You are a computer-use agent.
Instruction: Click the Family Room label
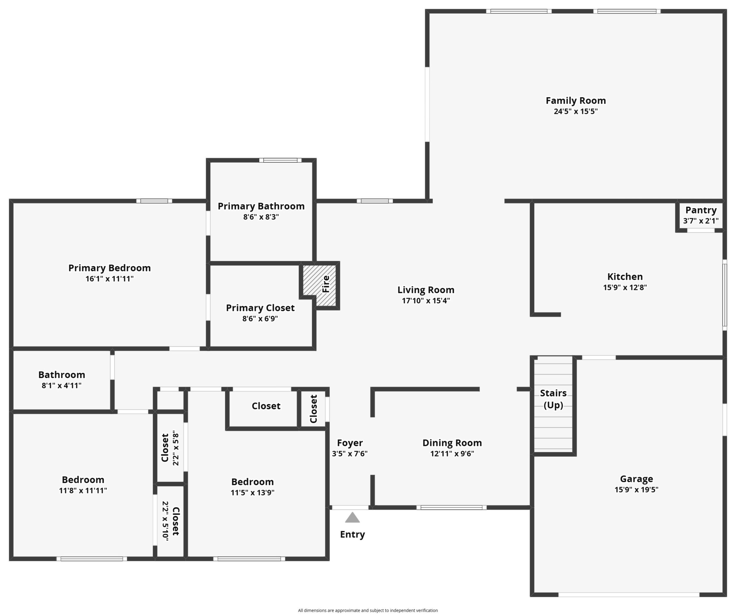576,101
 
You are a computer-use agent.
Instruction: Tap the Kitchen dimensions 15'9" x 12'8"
625,287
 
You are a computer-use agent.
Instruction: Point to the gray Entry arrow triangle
352,518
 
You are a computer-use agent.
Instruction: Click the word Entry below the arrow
353,534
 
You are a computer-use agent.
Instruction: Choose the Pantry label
701,210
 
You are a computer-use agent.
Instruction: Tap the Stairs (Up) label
553,399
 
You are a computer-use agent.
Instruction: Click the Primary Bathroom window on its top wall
280,160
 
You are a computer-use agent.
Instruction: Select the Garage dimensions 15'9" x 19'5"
636,490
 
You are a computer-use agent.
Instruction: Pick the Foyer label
350,443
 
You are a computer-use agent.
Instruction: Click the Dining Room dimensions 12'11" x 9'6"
452,453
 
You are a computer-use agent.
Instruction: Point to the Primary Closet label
260,308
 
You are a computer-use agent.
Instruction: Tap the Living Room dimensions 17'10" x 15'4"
426,301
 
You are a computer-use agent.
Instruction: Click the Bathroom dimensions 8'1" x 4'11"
62,386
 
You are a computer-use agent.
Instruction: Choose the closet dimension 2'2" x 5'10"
165,521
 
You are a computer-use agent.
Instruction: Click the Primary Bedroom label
110,268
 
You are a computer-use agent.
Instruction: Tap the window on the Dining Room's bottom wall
451,507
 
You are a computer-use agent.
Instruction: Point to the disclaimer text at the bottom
368,611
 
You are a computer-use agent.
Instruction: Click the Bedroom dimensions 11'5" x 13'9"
252,492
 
